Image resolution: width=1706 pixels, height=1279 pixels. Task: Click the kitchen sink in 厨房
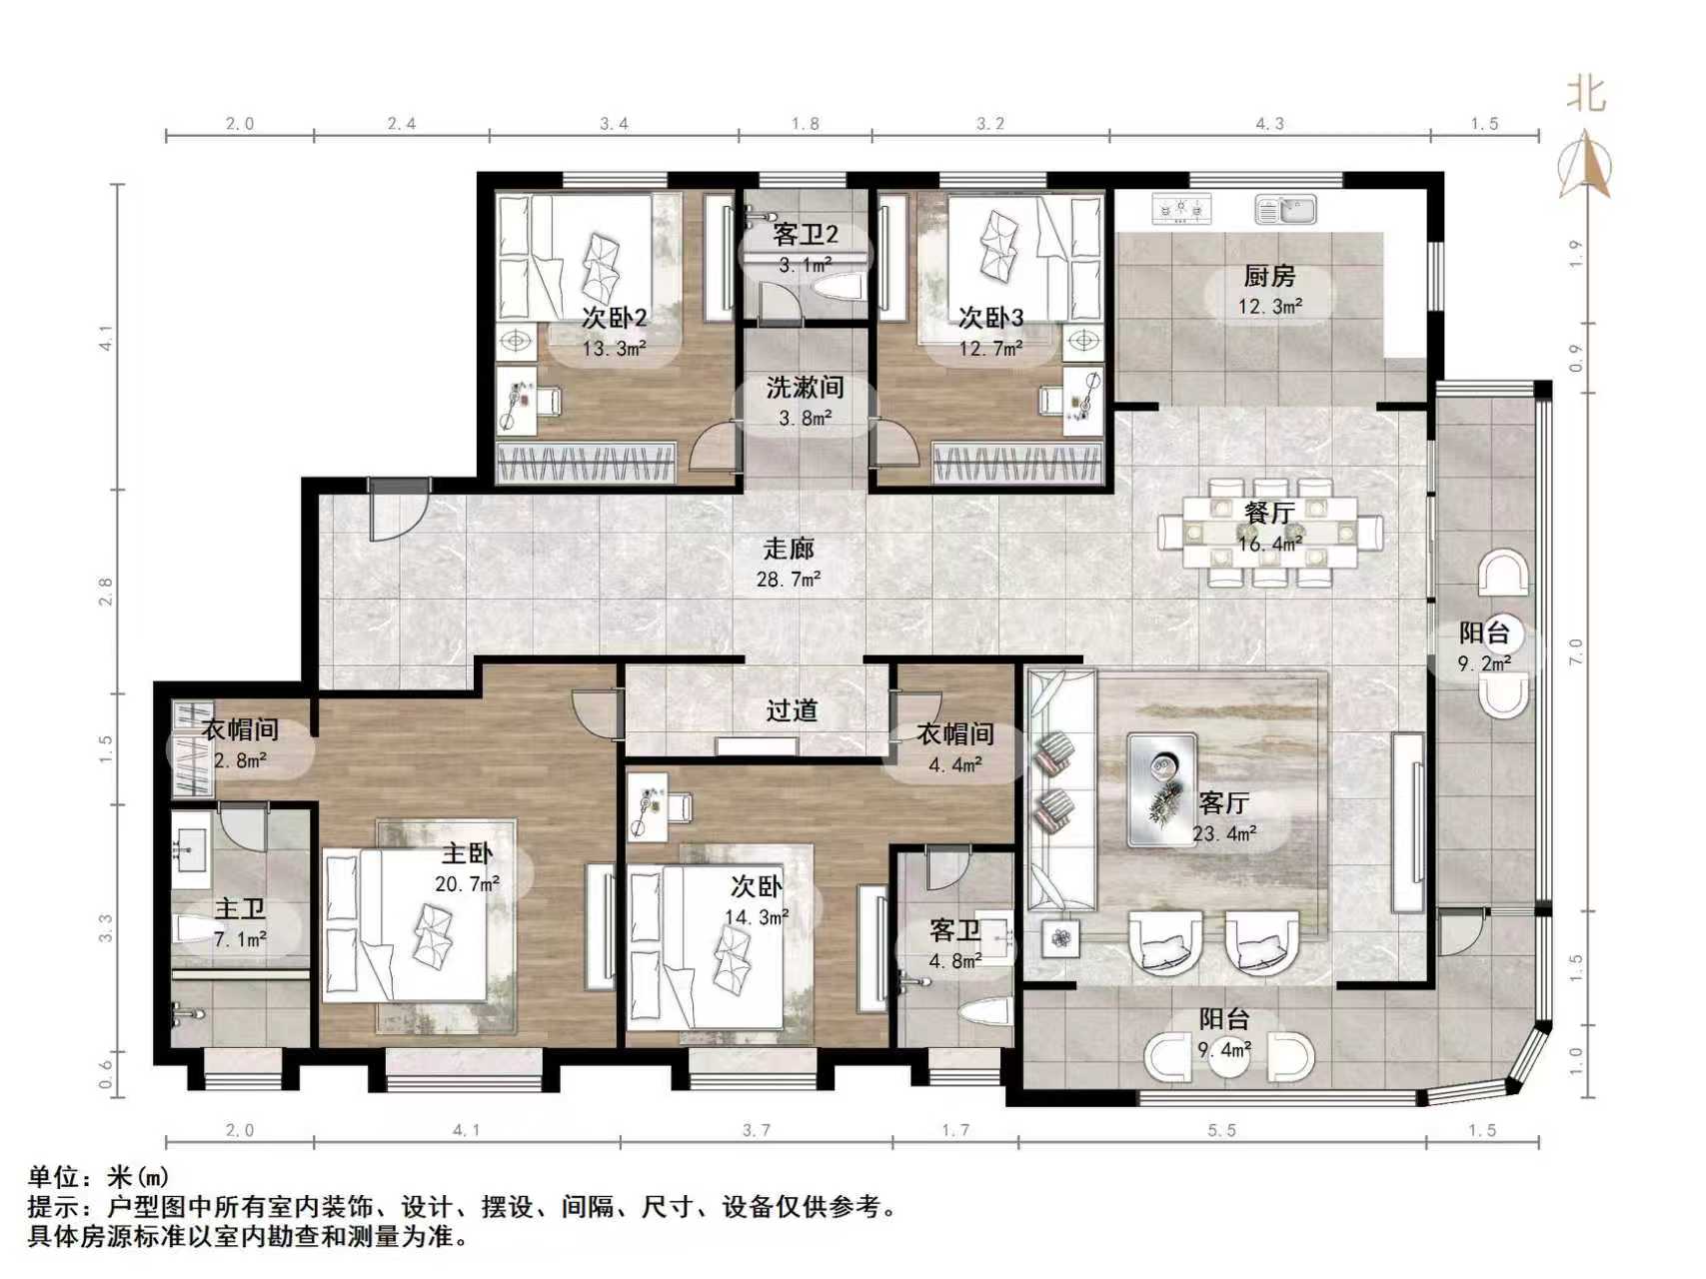pyautogui.click(x=1286, y=210)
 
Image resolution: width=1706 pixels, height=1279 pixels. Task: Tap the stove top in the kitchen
pyautogui.click(x=1181, y=210)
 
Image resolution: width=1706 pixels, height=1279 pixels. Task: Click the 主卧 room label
pyautogui.click(x=467, y=854)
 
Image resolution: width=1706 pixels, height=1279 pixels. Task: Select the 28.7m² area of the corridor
pyautogui.click(x=789, y=579)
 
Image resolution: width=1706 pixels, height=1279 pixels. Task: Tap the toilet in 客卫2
pyautogui.click(x=838, y=290)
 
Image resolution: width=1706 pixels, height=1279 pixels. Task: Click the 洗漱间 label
pyautogui.click(x=805, y=388)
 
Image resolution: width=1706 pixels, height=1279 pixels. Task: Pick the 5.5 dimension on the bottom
pyautogui.click(x=1221, y=1130)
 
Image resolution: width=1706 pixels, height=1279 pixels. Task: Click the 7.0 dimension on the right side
pyautogui.click(x=1576, y=651)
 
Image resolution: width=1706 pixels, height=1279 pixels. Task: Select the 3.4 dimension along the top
pyautogui.click(x=614, y=124)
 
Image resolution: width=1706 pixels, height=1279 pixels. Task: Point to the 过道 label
pyautogui.click(x=792, y=710)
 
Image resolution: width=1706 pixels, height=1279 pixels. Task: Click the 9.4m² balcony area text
pyautogui.click(x=1225, y=1050)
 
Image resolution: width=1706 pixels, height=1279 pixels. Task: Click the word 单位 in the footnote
pyautogui.click(x=52, y=1177)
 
